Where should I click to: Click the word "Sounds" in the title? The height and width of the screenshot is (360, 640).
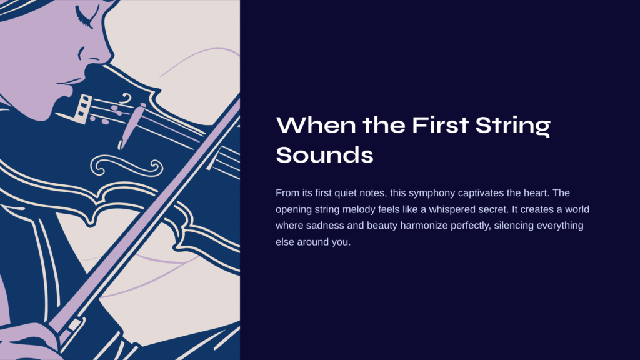[324, 155]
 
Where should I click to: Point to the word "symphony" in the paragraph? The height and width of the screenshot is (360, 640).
[432, 193]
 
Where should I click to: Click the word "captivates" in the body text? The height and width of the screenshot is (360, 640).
[481, 193]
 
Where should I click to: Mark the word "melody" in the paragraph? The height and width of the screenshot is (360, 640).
[359, 210]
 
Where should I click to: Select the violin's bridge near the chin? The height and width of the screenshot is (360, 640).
[82, 109]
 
